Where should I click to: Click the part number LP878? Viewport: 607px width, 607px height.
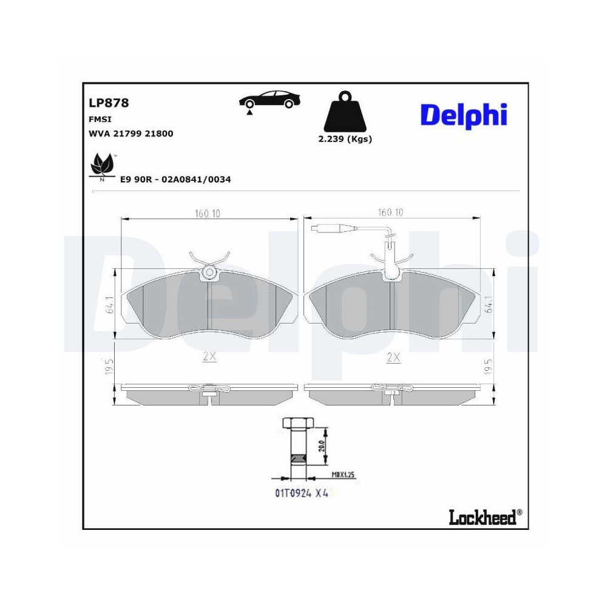(109, 103)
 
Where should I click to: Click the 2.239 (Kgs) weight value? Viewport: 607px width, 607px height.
(345, 139)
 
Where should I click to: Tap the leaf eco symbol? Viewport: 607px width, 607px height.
(101, 166)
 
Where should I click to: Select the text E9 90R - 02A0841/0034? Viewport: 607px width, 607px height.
(175, 180)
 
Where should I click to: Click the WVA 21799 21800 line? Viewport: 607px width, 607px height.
(131, 134)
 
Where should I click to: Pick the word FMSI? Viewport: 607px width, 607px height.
(100, 120)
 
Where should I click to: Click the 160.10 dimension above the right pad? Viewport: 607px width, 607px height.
(390, 213)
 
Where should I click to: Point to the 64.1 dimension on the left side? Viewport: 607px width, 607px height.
(109, 305)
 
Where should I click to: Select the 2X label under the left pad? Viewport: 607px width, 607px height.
(209, 358)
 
